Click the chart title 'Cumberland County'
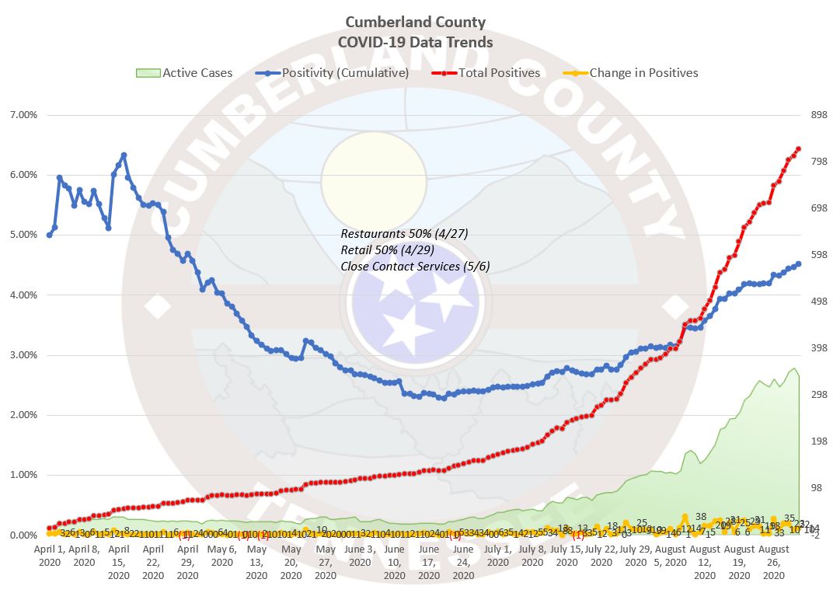[x=416, y=22]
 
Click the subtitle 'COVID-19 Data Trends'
[x=416, y=42]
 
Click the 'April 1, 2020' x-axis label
[x=49, y=555]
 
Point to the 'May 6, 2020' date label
[x=222, y=555]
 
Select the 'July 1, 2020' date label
[x=498, y=555]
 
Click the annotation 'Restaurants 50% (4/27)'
[x=404, y=234]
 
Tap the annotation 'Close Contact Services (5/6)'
[x=415, y=267]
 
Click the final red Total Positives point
[x=798, y=149]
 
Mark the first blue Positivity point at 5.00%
[x=49, y=235]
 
